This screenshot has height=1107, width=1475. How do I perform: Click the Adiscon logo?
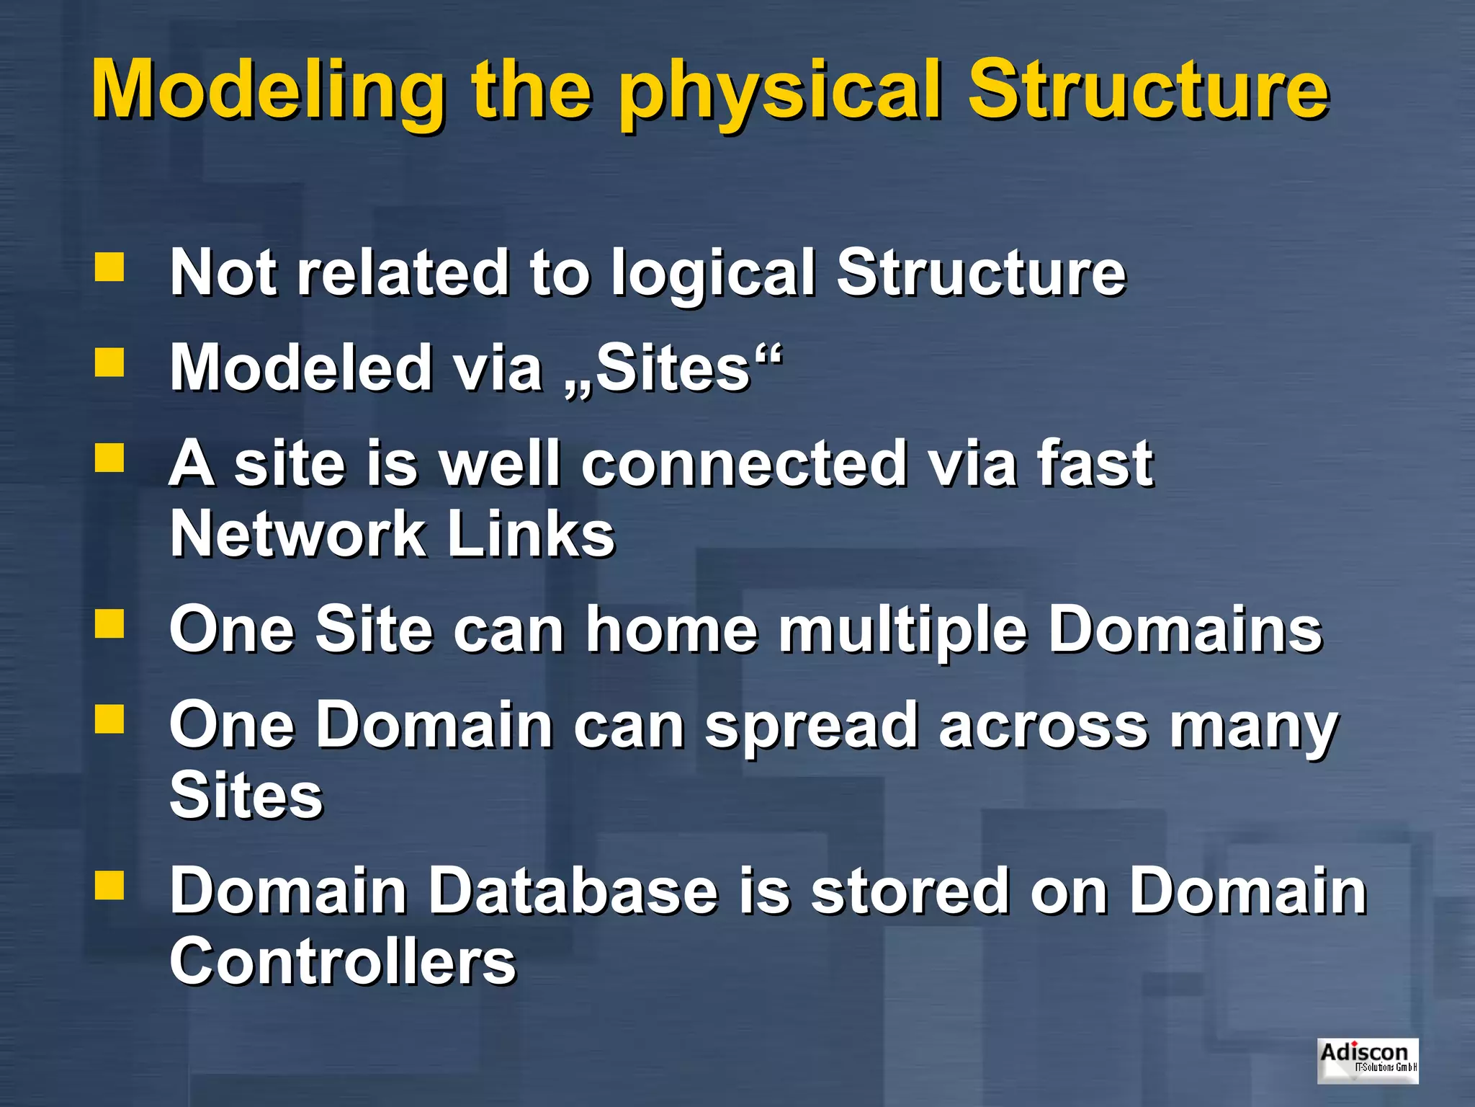click(x=1367, y=1060)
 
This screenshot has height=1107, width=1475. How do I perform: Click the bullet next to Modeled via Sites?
click(x=109, y=363)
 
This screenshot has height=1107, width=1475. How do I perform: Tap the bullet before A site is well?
click(x=109, y=457)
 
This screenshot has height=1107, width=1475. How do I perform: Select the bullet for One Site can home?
click(x=109, y=624)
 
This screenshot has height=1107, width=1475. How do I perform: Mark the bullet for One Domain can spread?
click(x=109, y=719)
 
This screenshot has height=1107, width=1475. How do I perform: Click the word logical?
click(x=714, y=275)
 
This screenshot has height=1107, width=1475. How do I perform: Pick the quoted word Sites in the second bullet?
click(x=673, y=368)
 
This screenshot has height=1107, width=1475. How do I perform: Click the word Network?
click(x=297, y=534)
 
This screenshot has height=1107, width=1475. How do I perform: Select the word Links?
click(x=531, y=534)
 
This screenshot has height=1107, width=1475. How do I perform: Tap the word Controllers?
click(x=343, y=961)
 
